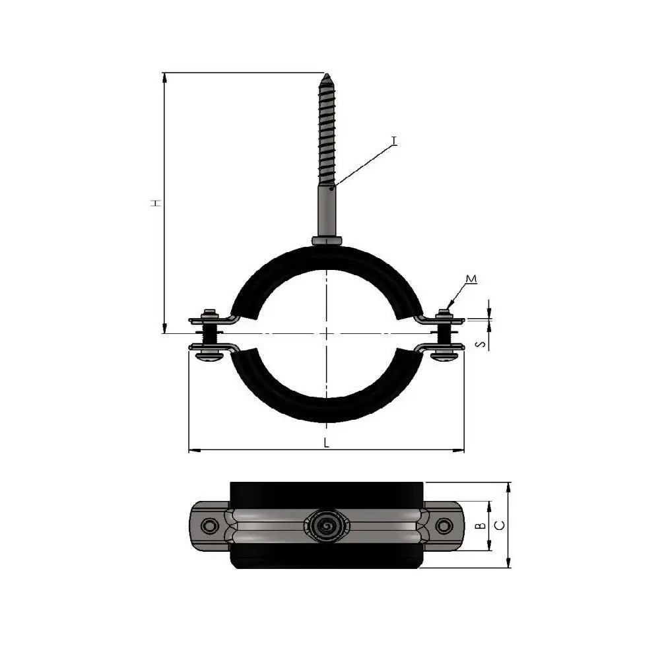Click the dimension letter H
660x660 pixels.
coord(156,203)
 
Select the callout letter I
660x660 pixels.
coord(394,141)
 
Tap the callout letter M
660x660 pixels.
coord(471,279)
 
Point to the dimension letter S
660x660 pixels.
coord(481,345)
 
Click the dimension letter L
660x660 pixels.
coord(327,442)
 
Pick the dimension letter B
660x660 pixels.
coord(481,525)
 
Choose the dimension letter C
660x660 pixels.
coord(500,525)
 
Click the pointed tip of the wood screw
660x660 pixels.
coord(326,75)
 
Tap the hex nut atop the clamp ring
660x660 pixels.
coord(327,241)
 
